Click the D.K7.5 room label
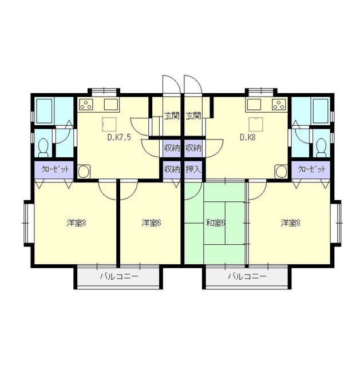pos(119,137)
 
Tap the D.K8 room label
pos(248,137)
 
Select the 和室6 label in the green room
pos(215,223)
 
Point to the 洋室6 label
pos(151,223)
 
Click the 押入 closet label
pos(193,169)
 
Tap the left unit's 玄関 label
pos(172,116)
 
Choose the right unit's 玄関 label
pos(193,116)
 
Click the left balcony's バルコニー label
pos(119,277)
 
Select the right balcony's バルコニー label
pos(247,277)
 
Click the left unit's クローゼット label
pos(55,169)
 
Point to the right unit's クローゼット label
pos(312,169)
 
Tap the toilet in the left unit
pos(43,148)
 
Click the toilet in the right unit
pos(321,148)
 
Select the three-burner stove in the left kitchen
pos(86,104)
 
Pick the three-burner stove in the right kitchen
pos(279,104)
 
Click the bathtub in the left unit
pos(45,112)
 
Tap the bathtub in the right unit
pos(321,112)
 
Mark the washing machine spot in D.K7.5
pos(84,172)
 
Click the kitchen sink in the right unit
pos(254,104)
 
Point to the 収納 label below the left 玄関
pos(172,148)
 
